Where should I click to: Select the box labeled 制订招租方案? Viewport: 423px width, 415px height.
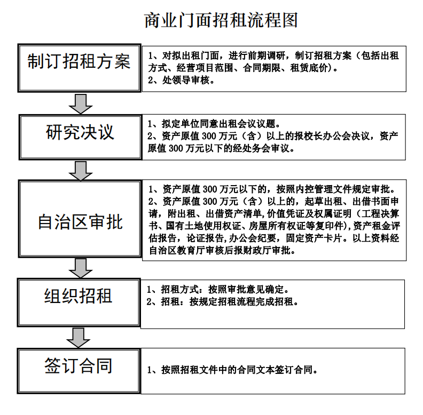click(79, 62)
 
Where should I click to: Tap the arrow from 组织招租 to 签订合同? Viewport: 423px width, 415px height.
click(79, 337)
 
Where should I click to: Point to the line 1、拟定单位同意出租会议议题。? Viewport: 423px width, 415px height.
click(214, 123)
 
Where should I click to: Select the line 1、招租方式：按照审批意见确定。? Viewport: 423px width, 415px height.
click(218, 290)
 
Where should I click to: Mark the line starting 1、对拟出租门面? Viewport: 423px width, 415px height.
click(272, 55)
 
